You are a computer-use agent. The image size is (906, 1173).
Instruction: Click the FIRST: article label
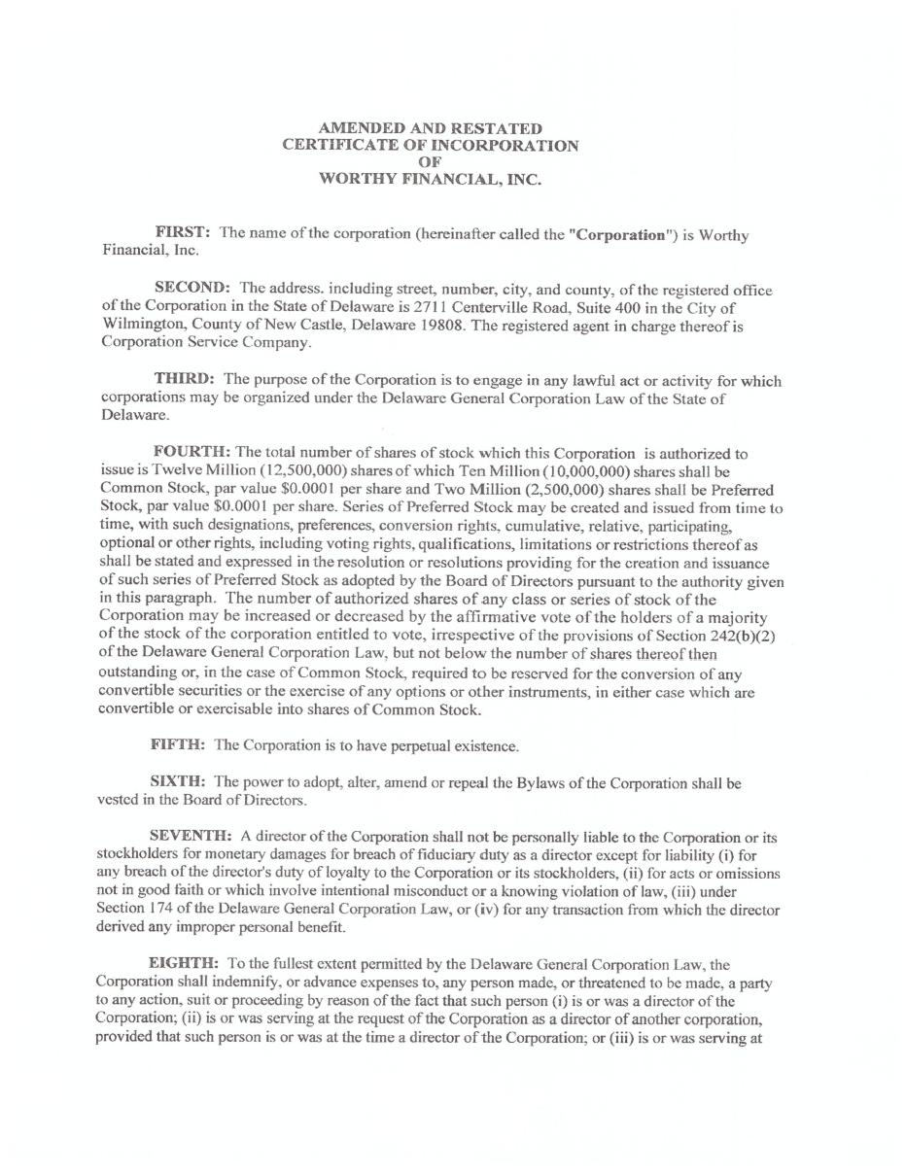183,232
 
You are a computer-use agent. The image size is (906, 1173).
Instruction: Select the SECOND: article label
192,289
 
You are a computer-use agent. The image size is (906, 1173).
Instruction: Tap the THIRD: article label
184,379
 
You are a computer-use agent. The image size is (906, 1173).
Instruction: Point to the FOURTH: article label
192,452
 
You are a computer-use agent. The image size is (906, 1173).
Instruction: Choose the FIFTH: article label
178,745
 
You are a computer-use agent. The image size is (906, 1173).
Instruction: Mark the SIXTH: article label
178,782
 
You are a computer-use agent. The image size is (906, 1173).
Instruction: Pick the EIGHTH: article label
184,964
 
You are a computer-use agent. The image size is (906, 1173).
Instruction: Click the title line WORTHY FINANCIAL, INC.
430,179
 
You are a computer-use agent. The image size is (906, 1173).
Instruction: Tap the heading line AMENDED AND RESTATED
431,128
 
